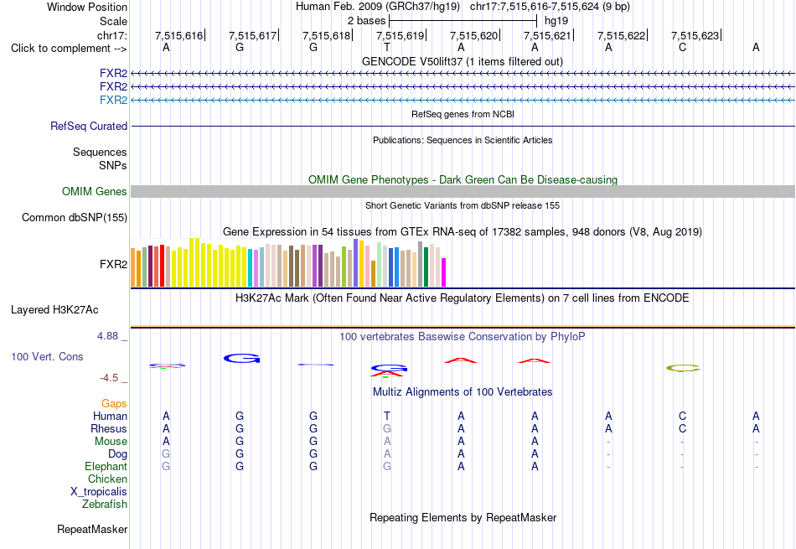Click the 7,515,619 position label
point(400,35)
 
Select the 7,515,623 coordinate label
point(695,35)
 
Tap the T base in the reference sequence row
point(387,48)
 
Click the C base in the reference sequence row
point(682,48)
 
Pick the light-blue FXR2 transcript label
point(114,100)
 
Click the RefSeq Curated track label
point(89,126)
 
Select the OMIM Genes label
point(95,191)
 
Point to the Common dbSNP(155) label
point(75,217)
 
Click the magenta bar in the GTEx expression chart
point(444,272)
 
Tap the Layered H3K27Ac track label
point(54,310)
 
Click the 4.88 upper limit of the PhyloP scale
point(107,336)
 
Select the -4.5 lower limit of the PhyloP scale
point(109,378)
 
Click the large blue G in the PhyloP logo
point(241,358)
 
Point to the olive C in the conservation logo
point(683,368)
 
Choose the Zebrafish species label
point(105,505)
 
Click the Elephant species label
point(106,467)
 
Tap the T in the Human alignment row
point(387,417)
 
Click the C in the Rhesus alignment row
point(682,429)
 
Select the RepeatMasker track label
point(92,530)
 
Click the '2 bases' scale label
point(366,21)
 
